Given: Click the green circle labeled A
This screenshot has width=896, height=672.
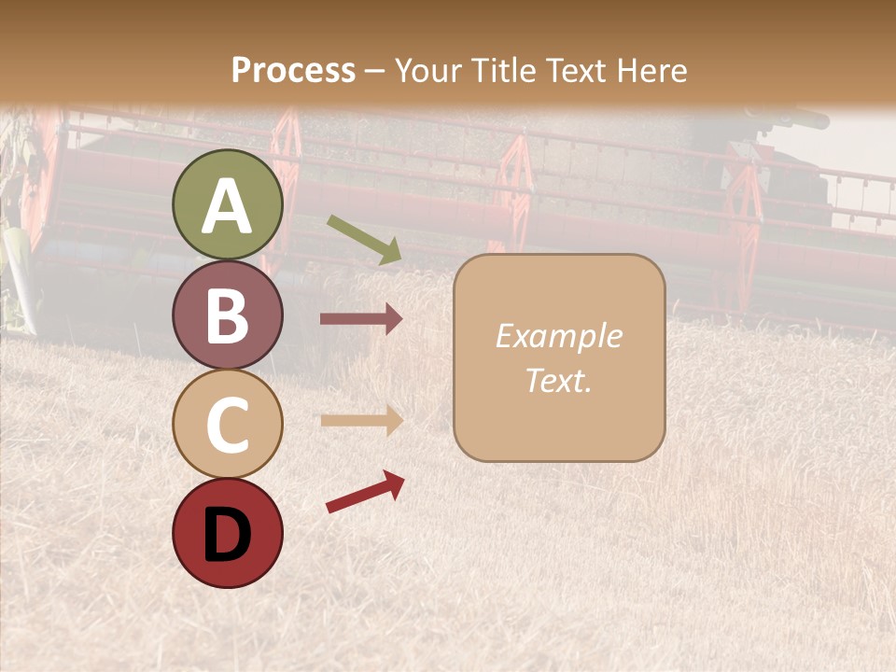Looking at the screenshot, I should tap(228, 205).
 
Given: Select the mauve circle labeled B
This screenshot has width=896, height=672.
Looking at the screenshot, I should tap(228, 315).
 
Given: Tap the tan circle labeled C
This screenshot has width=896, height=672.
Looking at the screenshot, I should tap(228, 424).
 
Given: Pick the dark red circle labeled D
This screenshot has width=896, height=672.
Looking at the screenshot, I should tap(228, 533).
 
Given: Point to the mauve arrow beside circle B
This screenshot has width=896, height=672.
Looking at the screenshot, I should tap(361, 319).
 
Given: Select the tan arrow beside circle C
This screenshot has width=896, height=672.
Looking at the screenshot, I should tap(361, 420).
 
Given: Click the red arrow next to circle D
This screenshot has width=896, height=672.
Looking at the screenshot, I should tap(365, 491).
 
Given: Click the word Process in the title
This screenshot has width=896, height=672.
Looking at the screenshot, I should tap(293, 71).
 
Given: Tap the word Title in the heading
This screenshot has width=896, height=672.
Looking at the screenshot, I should tap(504, 71).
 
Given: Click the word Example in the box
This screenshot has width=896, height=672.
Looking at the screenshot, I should tap(558, 336).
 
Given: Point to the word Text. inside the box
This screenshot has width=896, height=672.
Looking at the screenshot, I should tap(558, 380).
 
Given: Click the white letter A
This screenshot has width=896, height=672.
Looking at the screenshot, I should tap(228, 206).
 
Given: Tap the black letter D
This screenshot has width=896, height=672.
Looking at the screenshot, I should tap(228, 534).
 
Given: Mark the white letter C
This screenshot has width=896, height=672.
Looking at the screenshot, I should tap(228, 425).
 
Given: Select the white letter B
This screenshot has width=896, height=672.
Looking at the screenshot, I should tap(228, 315).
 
